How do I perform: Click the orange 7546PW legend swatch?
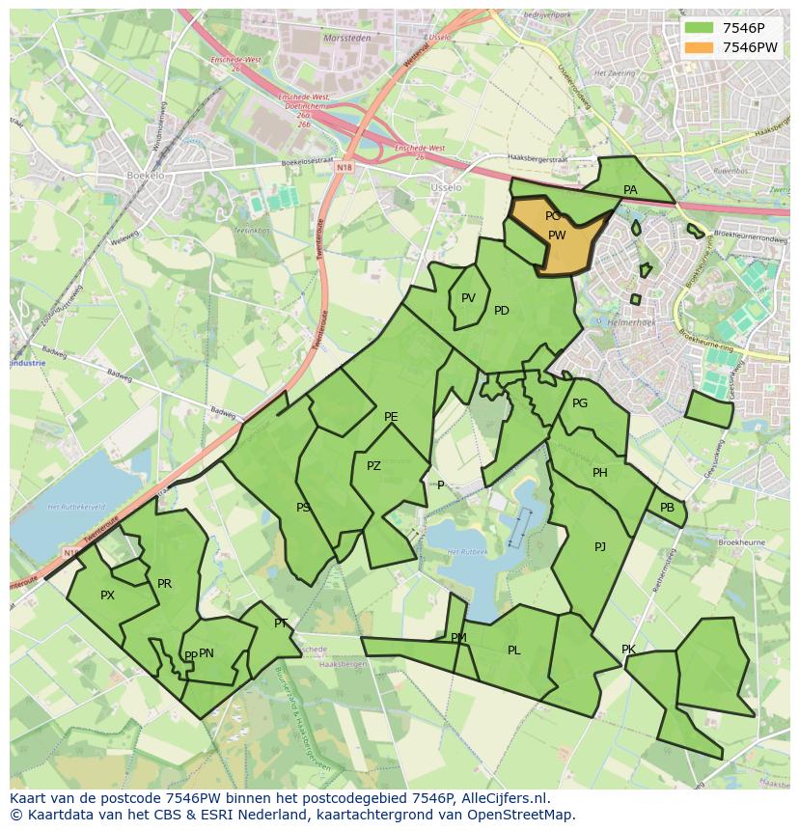[x=701, y=47]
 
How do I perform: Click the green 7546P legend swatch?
[x=701, y=28]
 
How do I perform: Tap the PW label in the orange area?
[x=557, y=235]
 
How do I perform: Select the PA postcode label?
[x=630, y=190]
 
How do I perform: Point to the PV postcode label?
[x=468, y=298]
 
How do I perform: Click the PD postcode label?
[x=502, y=311]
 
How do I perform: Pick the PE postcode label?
[x=391, y=417]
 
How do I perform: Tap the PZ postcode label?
[x=373, y=466]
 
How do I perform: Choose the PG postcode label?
[x=580, y=403]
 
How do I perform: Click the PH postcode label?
[x=600, y=473]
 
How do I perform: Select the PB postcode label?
[x=667, y=508]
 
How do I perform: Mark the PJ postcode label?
[x=600, y=547]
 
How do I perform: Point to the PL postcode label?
[x=513, y=651]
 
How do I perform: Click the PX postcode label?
[x=107, y=596]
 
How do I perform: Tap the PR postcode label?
[x=164, y=584]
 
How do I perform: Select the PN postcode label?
[x=207, y=653]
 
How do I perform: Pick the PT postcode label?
[x=281, y=623]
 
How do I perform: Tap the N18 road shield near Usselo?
[x=344, y=167]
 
